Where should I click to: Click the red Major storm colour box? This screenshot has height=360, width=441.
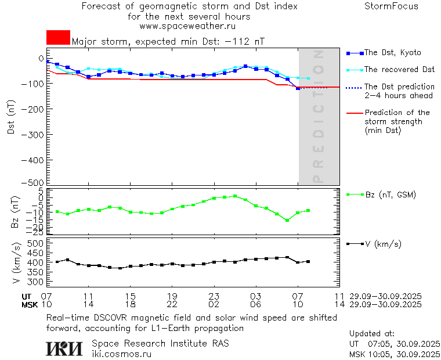[x=58, y=38]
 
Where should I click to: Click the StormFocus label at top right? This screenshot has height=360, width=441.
[x=391, y=6]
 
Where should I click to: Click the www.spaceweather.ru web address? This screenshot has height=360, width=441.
[x=187, y=26]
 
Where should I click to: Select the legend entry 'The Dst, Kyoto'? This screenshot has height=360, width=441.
[x=393, y=53]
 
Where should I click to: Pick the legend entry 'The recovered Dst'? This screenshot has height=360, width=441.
[x=399, y=70]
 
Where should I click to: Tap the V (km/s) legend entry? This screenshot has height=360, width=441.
[x=384, y=244]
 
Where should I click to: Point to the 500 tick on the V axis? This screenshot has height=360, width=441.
[x=36, y=243]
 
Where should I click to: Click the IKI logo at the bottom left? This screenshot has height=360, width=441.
[x=64, y=348]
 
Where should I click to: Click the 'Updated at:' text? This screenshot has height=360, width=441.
[x=372, y=334]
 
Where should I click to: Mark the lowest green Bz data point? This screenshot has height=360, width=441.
[x=287, y=221]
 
